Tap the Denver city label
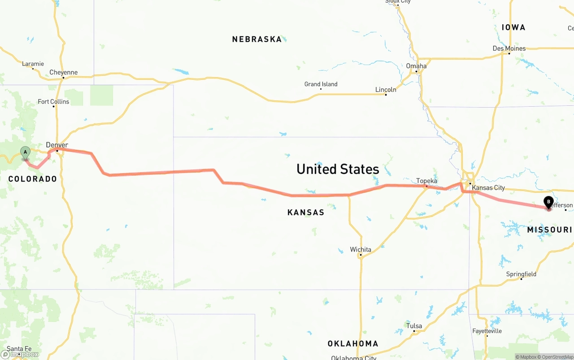point(57,145)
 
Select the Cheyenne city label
point(63,72)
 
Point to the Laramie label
point(33,64)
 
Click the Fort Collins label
point(53,102)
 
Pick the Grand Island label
point(321,84)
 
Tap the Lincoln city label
point(386,90)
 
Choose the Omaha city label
point(416,66)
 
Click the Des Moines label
point(509,48)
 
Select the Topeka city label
point(426,181)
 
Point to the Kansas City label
point(488,188)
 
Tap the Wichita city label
point(361,249)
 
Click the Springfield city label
point(521,274)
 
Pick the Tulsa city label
point(414,326)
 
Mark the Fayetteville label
point(487,331)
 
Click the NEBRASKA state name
point(257,39)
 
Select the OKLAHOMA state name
point(353,344)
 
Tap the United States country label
point(338,169)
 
